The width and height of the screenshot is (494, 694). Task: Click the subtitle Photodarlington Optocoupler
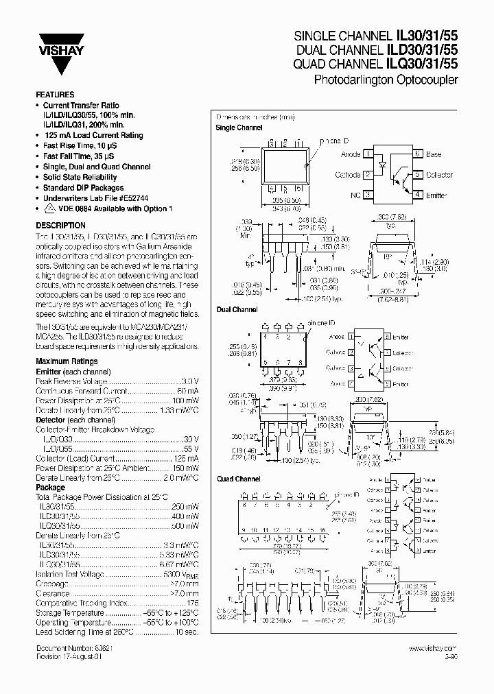[x=386, y=80]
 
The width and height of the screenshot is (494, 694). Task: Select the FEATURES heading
[x=54, y=95]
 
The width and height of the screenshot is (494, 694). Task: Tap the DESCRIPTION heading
[x=60, y=226]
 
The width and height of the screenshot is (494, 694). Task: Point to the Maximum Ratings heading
[x=67, y=361]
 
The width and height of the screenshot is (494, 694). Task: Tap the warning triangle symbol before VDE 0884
[x=48, y=208]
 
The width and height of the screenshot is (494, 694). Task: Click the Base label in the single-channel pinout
[x=434, y=155]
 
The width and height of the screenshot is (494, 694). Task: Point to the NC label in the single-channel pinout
[x=355, y=195]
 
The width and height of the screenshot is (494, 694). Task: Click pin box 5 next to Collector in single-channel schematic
[x=416, y=176]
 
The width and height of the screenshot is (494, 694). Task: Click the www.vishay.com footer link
[x=432, y=648]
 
